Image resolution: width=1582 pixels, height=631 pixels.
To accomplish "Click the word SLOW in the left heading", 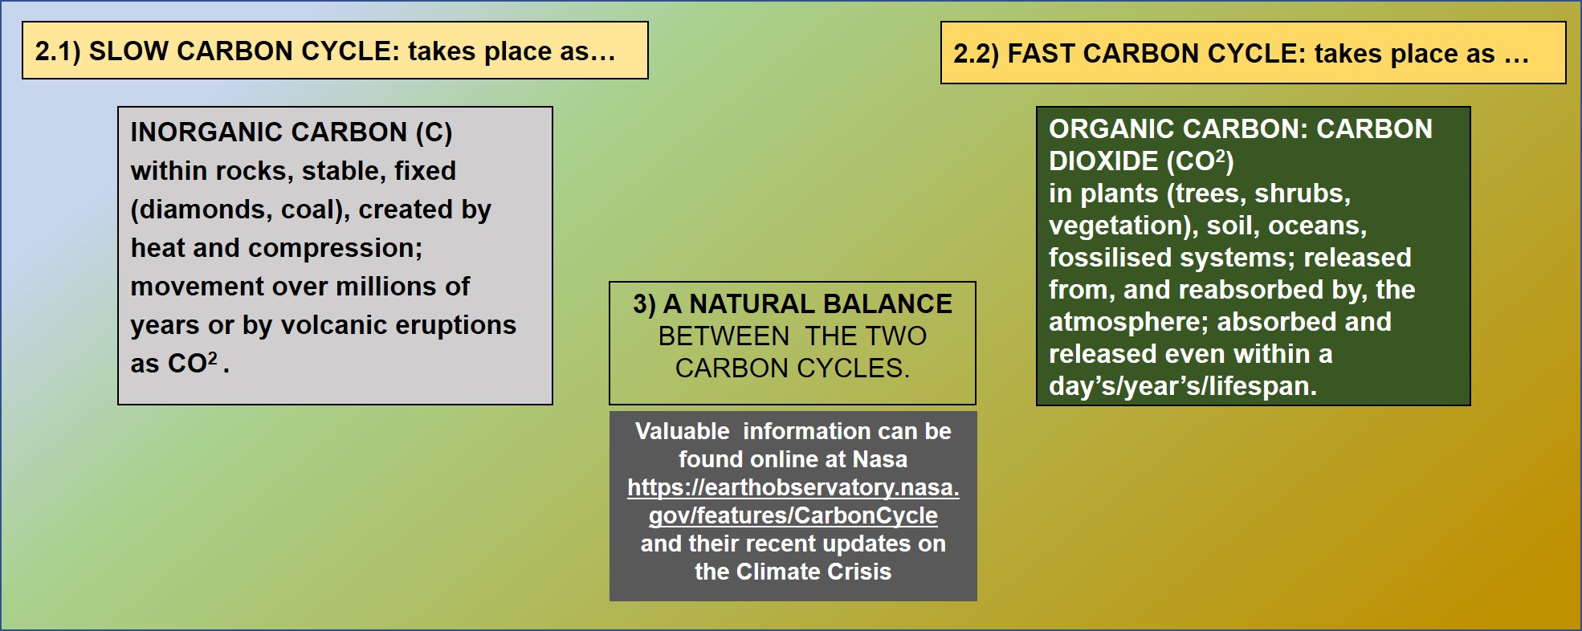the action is [128, 51].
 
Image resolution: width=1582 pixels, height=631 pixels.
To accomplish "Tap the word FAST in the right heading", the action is [1041, 54].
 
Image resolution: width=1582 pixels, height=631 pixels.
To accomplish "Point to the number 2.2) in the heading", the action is [977, 54].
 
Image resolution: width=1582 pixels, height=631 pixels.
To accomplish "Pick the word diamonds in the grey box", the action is [206, 210].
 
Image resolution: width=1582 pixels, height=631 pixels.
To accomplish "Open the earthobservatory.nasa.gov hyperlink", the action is [793, 501].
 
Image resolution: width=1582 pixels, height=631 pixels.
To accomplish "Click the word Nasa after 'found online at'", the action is [880, 459].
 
